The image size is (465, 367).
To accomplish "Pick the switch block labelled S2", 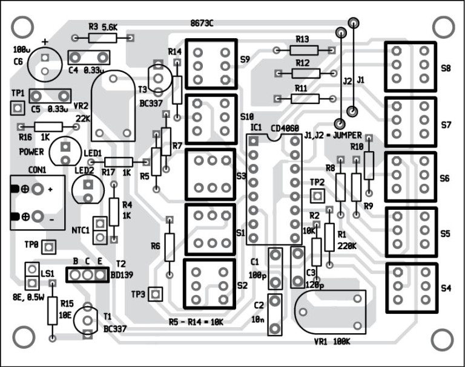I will point(209,285).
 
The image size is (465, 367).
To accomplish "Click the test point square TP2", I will point(316,195).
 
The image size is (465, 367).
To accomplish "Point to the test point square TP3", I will point(156,294).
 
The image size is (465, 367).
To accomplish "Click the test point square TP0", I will point(48,247).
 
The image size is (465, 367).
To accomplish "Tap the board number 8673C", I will point(202,24).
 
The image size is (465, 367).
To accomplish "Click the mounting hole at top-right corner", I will point(443,26).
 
